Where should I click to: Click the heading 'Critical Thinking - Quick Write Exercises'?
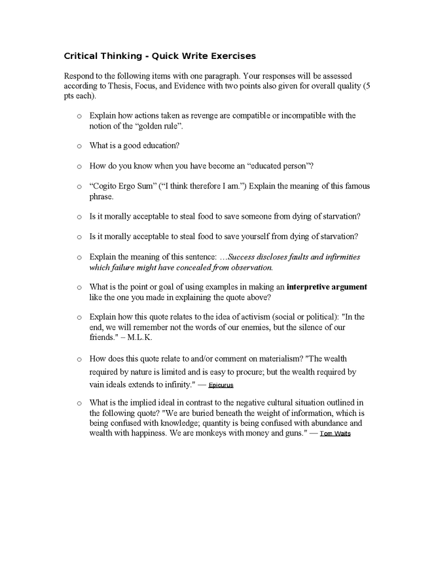pos(160,56)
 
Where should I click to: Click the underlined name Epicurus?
pos(221,385)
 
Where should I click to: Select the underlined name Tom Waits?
pos(335,434)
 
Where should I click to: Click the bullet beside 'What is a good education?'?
pos(79,145)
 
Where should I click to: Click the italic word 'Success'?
pos(245,257)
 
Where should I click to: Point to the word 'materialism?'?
pos(276,358)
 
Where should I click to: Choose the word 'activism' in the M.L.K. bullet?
pos(253,316)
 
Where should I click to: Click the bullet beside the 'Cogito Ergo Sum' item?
pos(79,187)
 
